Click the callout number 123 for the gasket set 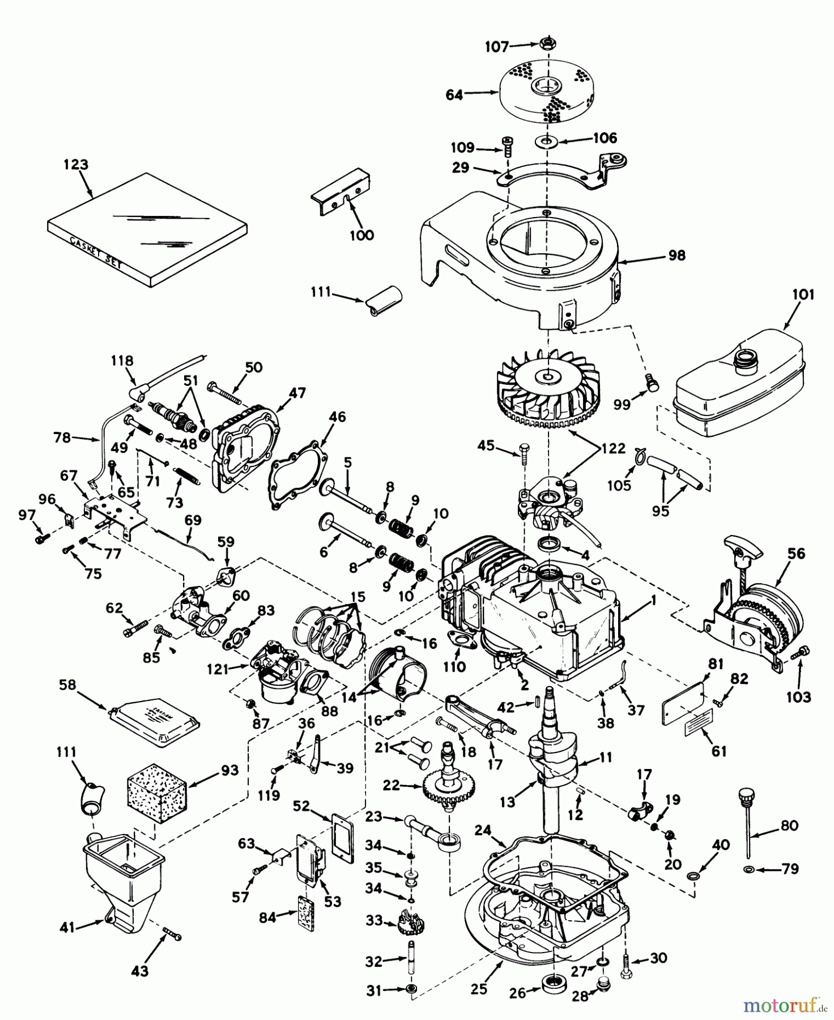point(76,165)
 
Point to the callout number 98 point(676,256)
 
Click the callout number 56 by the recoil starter point(796,553)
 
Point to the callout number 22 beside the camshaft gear point(391,785)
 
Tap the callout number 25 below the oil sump point(479,989)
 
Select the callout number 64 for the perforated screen point(454,95)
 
